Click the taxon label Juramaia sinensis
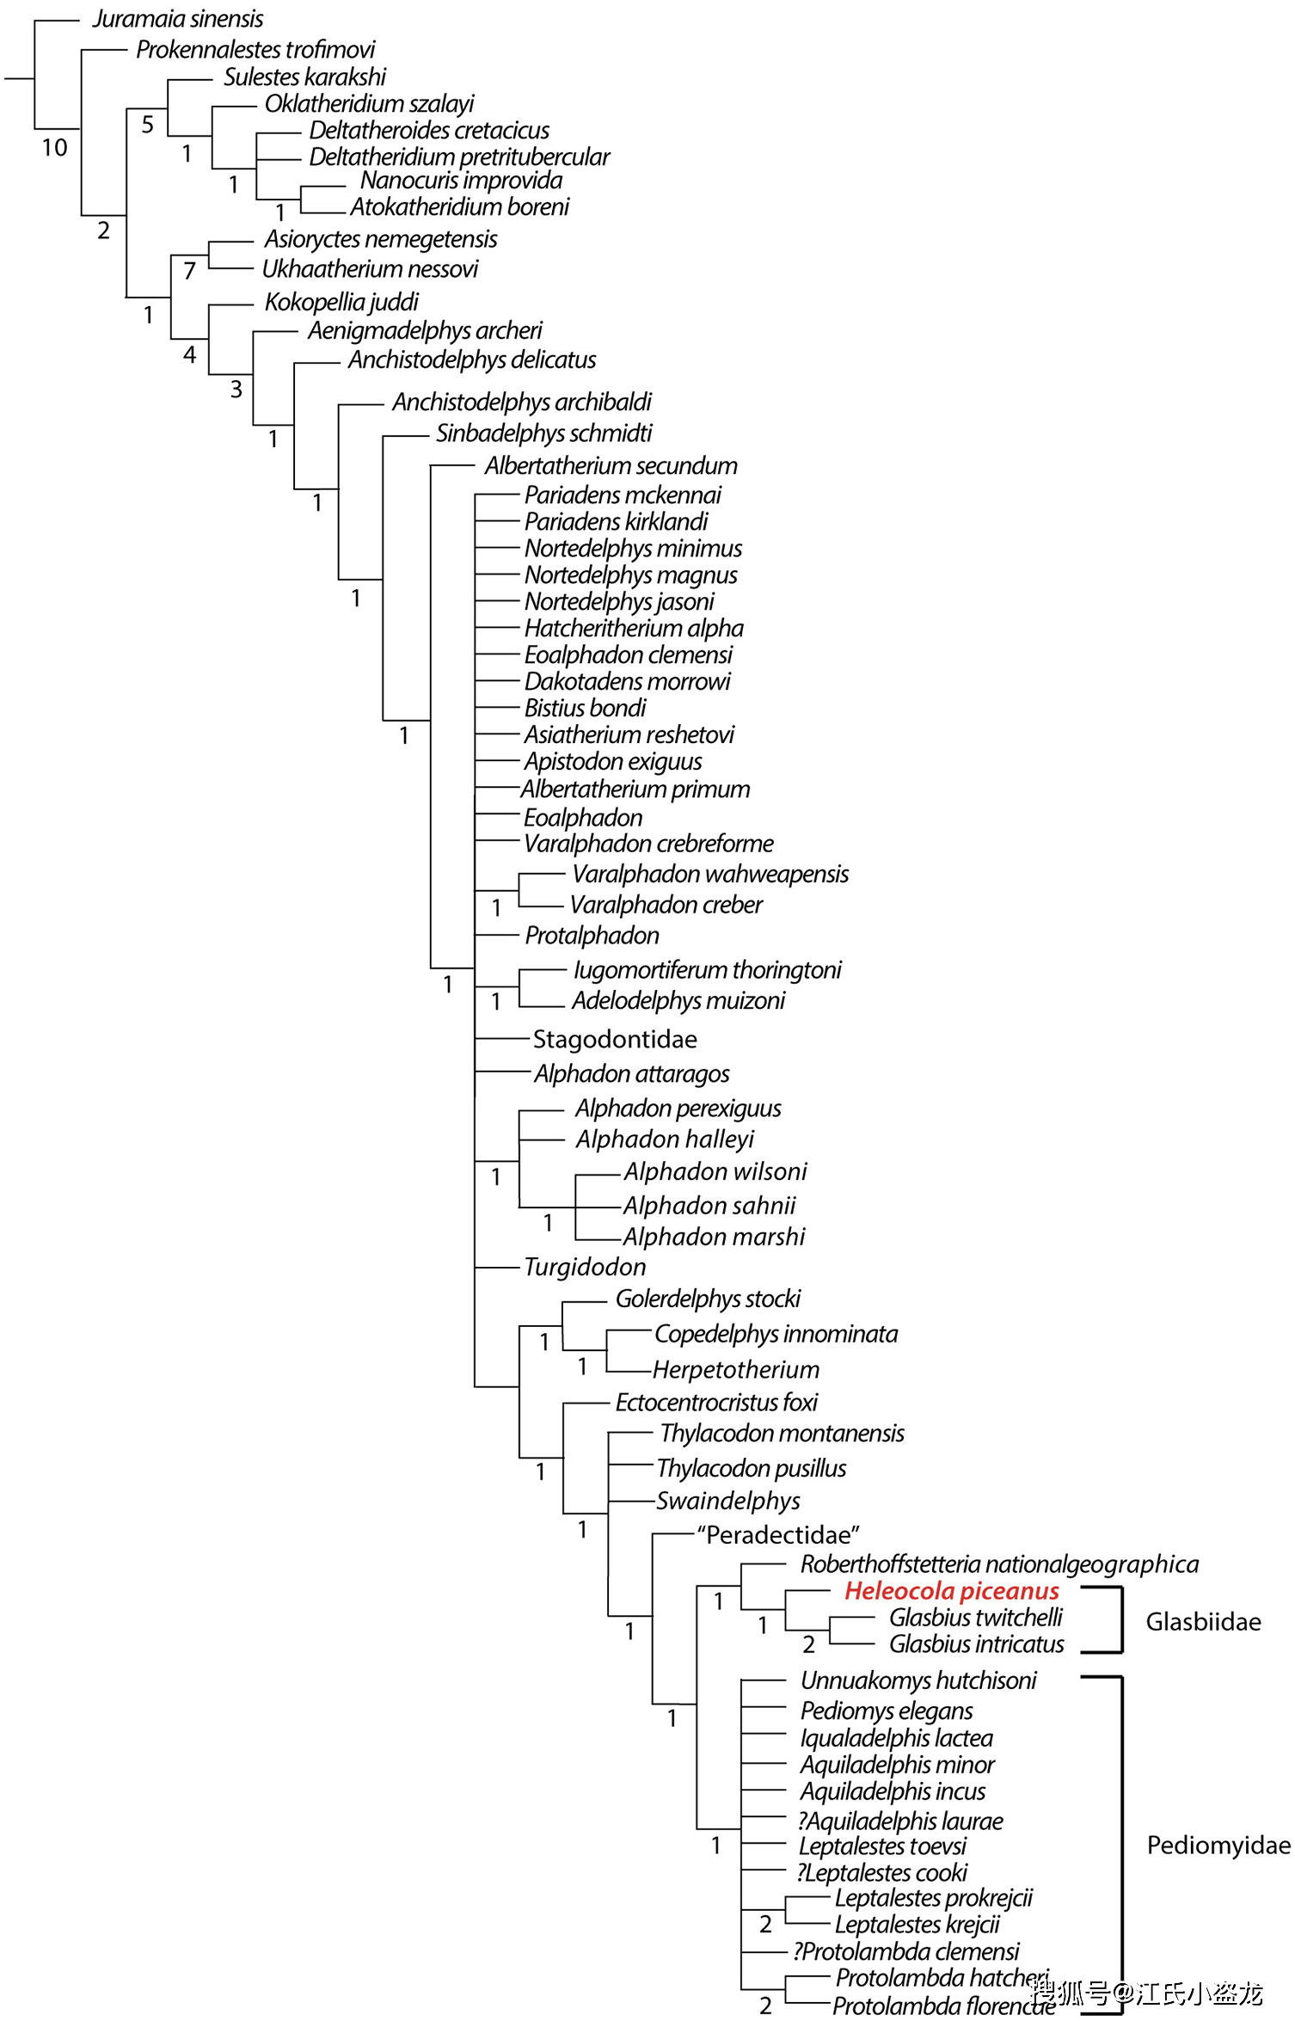(178, 19)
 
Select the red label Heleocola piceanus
(952, 1591)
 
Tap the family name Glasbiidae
(1203, 1621)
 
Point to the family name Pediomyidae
(1218, 1845)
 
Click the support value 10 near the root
(54, 148)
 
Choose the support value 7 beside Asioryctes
(189, 271)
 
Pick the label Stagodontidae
(615, 1039)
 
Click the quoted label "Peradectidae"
(778, 1534)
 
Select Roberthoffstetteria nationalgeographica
(999, 1563)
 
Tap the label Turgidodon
(585, 1267)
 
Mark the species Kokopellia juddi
(341, 302)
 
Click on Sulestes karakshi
(305, 77)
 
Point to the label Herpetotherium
(736, 1369)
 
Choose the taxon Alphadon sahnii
(710, 1205)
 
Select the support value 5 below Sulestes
(147, 125)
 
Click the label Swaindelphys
(728, 1501)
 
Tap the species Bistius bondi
(585, 708)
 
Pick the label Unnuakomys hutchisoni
(918, 1680)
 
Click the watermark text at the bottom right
(1146, 1992)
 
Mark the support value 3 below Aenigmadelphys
(236, 390)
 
